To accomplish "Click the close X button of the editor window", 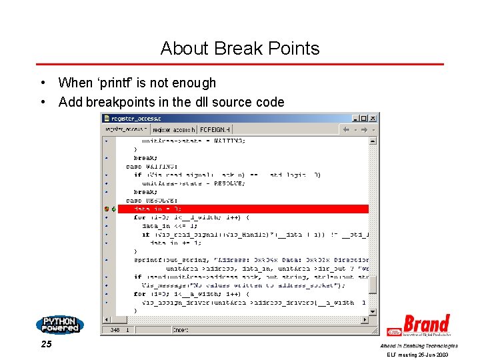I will (x=373, y=119).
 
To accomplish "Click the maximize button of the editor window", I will (x=363, y=119).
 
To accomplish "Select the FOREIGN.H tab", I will (x=215, y=129).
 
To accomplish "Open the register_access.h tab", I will (x=174, y=129).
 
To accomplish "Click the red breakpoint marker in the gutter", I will (x=107, y=209).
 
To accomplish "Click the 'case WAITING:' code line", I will (x=152, y=166).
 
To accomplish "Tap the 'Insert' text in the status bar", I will (x=181, y=329).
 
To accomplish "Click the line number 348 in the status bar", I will (x=115, y=329).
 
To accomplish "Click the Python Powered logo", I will (x=60, y=325).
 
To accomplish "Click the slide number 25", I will (x=46, y=345).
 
